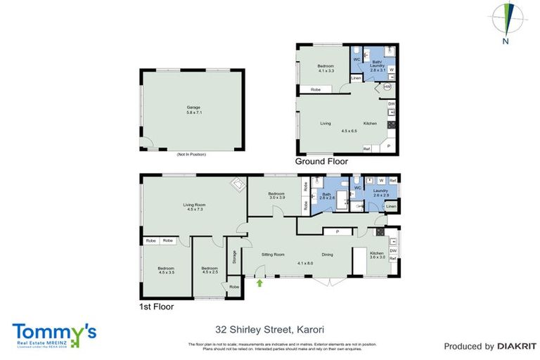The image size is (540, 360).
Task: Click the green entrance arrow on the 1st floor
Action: pos(261,283)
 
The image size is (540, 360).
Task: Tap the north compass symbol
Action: pos(506,17)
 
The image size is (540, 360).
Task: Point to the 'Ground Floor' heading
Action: pos(321,161)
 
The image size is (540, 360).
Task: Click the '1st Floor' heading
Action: pos(156,307)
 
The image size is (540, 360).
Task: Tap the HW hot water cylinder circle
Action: pos(387,87)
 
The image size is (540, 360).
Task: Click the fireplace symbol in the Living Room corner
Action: pos(238,185)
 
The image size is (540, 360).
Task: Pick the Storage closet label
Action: pos(233,258)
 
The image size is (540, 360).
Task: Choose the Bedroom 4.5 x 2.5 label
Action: pos(210,270)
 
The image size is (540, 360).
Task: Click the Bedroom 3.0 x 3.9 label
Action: pos(276,195)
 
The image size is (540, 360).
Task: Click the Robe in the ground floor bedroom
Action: pos(316,89)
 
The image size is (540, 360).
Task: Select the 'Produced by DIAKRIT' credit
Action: pos(490,346)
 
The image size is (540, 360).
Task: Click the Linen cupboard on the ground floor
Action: pos(356,78)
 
